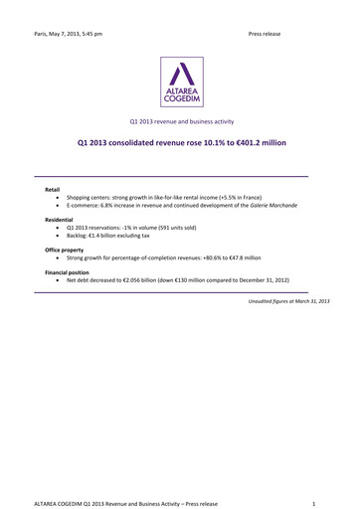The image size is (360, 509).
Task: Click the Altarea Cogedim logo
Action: [180, 82]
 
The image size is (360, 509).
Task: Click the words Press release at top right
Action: [265, 34]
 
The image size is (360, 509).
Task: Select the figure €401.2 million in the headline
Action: [258, 143]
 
